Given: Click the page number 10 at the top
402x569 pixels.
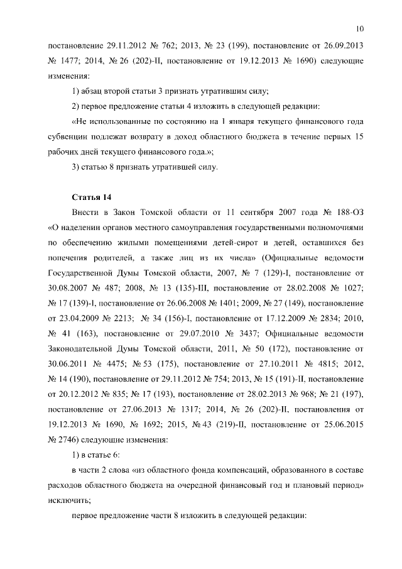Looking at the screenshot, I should point(359,28).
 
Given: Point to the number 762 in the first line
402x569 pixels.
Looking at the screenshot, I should point(149,48).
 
